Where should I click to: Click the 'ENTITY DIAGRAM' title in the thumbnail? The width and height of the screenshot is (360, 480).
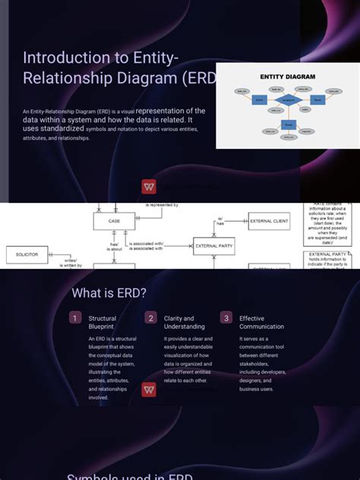288,77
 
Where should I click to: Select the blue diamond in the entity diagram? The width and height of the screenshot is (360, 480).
287,99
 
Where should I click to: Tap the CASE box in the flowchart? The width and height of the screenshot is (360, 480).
114,221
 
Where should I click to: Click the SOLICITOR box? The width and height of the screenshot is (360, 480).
27,254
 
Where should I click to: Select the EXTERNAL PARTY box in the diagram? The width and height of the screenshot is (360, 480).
214,246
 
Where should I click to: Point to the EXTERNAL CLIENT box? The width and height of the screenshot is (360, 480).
269,221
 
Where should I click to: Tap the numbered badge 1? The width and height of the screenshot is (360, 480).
75,318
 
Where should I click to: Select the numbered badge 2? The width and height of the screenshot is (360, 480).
151,318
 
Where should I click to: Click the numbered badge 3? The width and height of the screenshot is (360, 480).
226,318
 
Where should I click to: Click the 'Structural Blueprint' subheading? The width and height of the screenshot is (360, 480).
103,323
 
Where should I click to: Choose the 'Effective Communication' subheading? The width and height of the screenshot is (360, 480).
262,323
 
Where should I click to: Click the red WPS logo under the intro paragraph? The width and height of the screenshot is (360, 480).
149,187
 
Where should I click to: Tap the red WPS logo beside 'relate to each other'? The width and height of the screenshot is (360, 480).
149,390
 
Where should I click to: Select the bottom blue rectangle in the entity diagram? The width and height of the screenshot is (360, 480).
287,124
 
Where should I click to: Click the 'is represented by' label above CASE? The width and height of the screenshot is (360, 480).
162,205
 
